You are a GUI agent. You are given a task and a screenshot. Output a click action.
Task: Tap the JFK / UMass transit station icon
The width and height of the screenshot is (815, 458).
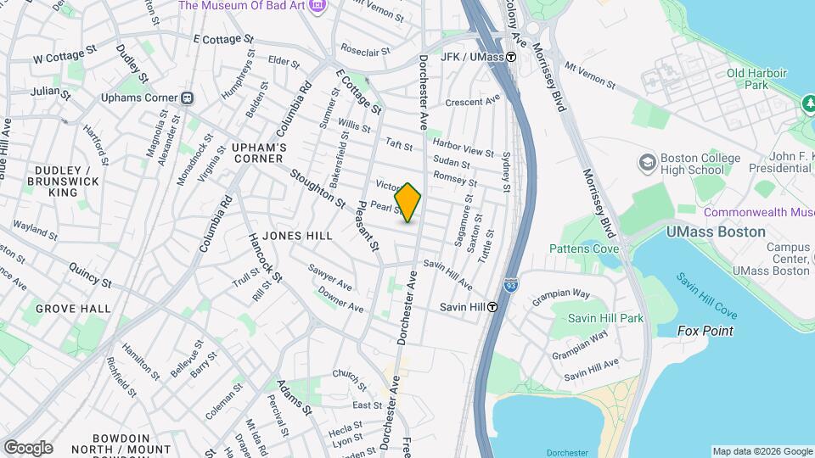511,58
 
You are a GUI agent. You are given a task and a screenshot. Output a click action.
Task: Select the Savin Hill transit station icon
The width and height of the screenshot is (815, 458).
492,307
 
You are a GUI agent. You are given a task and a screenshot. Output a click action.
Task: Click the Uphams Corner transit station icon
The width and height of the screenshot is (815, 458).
186,98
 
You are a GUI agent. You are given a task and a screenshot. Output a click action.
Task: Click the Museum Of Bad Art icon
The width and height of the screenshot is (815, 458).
318,6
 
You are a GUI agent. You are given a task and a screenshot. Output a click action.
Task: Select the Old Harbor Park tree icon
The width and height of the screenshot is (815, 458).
807,103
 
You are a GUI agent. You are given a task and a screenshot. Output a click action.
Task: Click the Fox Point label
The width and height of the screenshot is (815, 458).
705,331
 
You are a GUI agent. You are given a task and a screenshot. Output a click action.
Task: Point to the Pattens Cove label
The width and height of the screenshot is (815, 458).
584,249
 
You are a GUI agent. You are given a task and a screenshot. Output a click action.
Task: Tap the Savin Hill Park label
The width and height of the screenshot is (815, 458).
605,318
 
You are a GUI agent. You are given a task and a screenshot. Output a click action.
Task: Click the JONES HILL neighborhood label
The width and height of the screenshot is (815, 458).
296,235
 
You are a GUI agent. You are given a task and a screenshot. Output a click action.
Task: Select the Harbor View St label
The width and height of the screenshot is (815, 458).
463,151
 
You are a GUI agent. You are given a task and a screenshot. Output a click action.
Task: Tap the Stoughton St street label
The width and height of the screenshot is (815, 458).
318,189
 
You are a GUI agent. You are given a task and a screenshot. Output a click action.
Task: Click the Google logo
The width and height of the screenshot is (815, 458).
28,448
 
